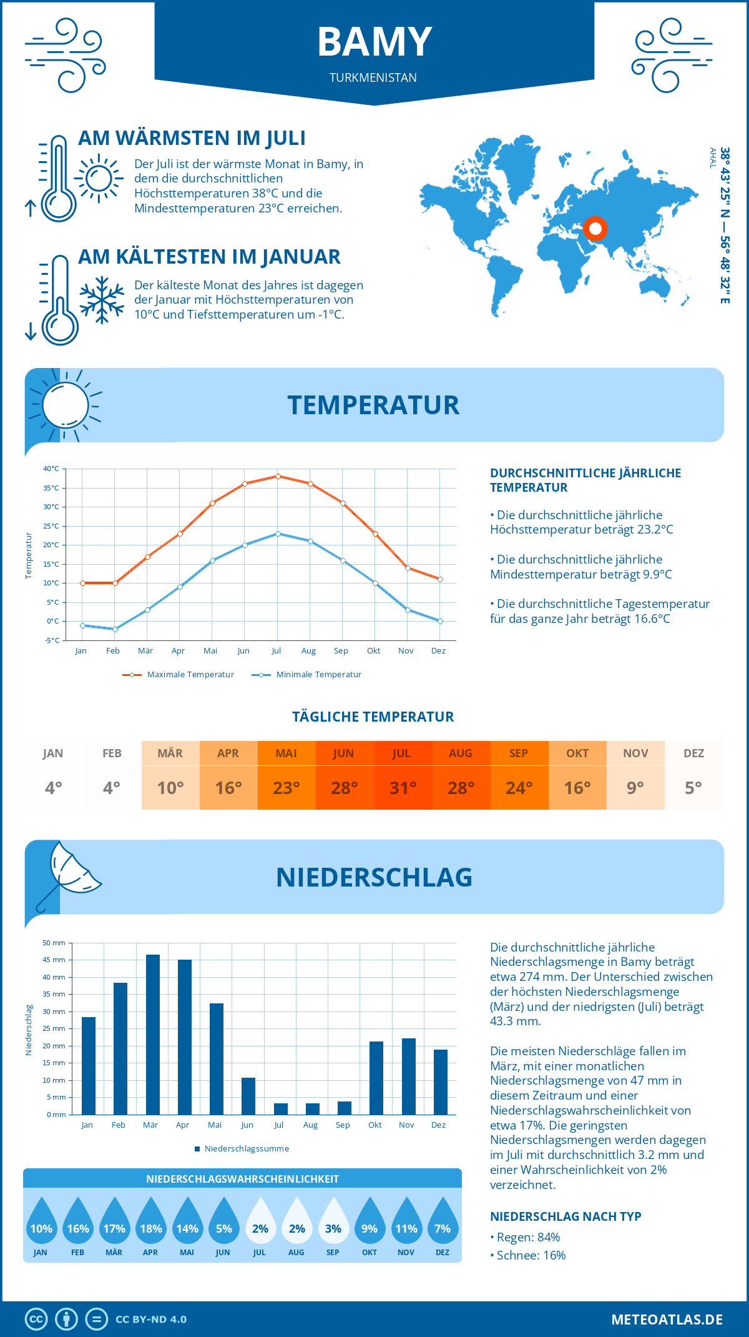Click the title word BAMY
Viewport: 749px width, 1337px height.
pos(374,42)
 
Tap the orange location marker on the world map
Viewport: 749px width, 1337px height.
pos(595,229)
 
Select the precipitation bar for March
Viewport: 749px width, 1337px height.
pos(152,1034)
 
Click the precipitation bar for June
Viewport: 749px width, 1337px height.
pos(248,1096)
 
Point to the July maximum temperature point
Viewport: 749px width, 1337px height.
pos(278,476)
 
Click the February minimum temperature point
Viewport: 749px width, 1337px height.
pos(115,629)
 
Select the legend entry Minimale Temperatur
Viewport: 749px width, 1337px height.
pos(318,675)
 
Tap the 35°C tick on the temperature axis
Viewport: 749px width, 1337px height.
pos(51,488)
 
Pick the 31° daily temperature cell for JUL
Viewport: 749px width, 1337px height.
pos(403,787)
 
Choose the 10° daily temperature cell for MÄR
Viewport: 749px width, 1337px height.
pos(170,787)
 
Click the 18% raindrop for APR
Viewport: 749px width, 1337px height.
pos(151,1225)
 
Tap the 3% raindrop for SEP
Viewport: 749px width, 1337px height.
pos(333,1225)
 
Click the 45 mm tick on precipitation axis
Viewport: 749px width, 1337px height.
pos(54,960)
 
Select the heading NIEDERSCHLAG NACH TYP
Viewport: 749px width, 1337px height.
pos(565,1216)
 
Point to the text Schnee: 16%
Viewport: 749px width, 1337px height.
pos(531,1255)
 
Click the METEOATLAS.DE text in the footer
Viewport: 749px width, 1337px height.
pos(667,1320)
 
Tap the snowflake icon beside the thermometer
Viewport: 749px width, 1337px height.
pos(102,300)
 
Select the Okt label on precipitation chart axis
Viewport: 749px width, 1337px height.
pos(374,1125)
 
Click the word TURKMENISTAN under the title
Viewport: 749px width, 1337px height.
pos(373,77)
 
